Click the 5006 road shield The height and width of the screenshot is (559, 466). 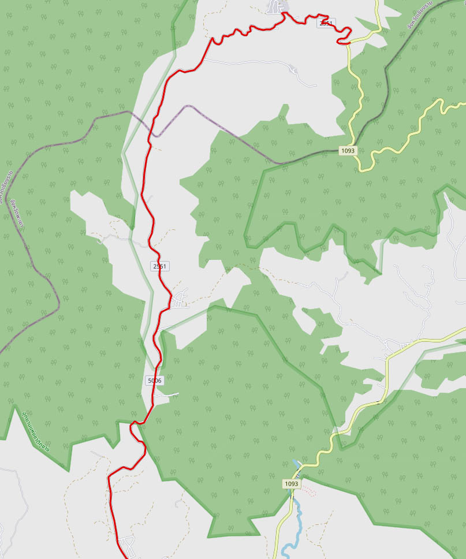click(155, 381)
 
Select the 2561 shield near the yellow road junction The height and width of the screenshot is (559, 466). click(326, 23)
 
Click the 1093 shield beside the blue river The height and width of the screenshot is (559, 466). click(292, 483)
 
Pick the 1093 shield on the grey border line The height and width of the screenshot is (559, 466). click(348, 151)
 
